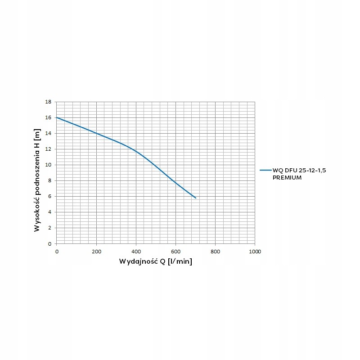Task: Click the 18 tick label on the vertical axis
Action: [48, 102]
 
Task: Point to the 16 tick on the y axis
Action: [48, 118]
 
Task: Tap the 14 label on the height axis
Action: [48, 134]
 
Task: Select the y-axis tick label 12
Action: [48, 149]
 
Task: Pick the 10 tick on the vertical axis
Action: [48, 165]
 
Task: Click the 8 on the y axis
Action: [49, 181]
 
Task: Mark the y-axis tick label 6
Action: [49, 197]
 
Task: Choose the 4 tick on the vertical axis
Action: [49, 212]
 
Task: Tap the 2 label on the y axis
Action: [49, 228]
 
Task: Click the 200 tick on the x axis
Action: [96, 251]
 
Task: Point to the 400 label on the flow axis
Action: [136, 251]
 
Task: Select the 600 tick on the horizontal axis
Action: [175, 251]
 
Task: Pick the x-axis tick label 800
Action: [215, 251]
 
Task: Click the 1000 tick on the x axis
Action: [254, 251]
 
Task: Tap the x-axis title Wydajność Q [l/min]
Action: [156, 261]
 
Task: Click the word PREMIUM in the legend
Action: [287, 177]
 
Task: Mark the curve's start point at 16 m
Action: [57, 117]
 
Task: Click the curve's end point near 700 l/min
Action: [196, 198]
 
